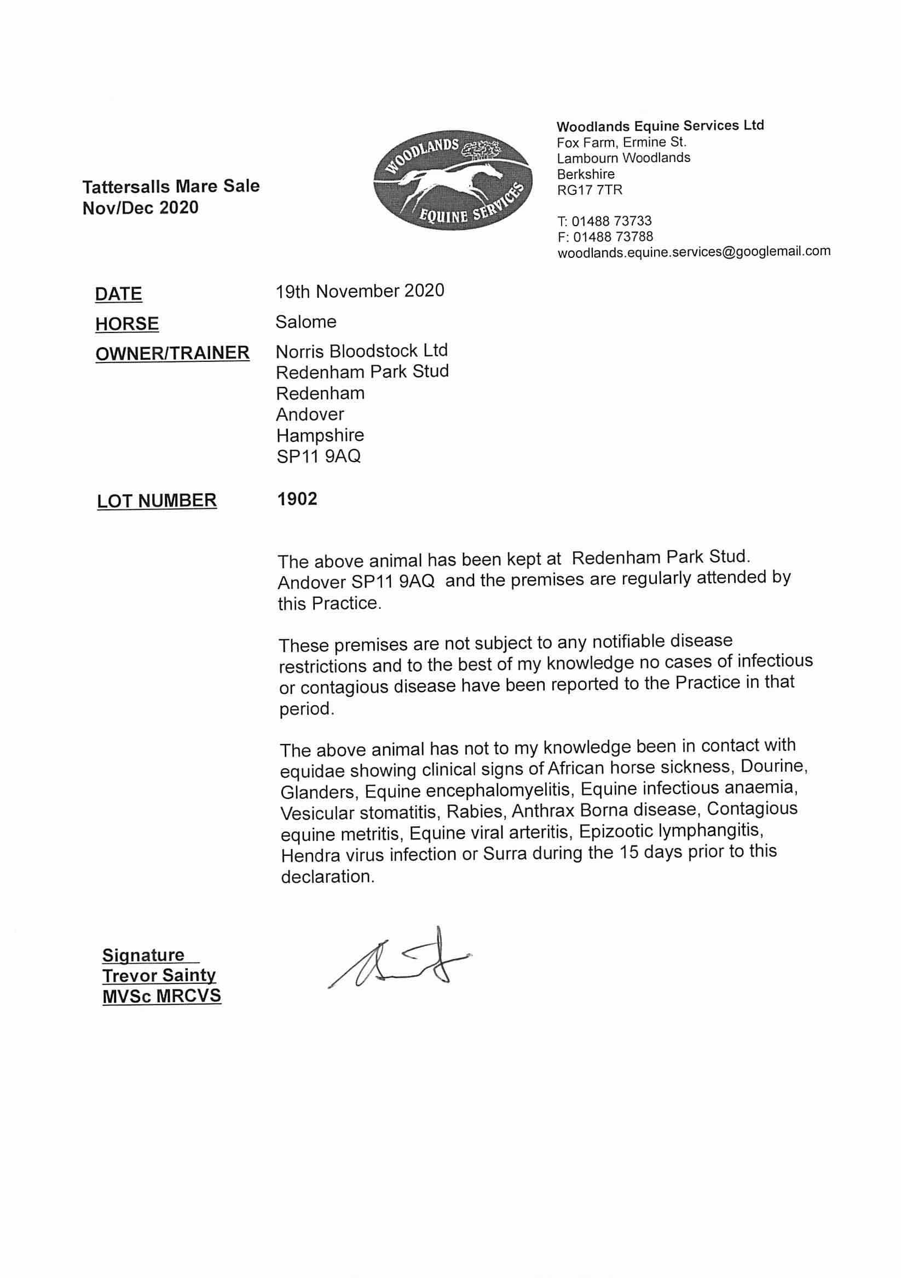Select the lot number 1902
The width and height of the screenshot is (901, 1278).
[x=297, y=499]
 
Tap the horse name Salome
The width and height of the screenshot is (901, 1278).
[x=306, y=322]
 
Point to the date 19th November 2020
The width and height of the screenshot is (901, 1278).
[x=360, y=291]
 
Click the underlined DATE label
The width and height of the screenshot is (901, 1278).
[x=119, y=294]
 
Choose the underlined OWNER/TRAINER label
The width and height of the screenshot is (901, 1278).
[x=172, y=353]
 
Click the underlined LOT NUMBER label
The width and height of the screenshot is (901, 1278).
[x=157, y=501]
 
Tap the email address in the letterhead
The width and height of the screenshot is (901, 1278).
[x=694, y=251]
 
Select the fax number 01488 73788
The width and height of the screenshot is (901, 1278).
[x=613, y=237]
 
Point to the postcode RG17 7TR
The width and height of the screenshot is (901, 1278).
[x=590, y=190]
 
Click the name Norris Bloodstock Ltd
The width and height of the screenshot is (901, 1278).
[x=362, y=350]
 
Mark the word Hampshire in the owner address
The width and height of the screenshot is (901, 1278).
[x=320, y=435]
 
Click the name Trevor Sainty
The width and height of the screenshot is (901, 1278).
[x=159, y=975]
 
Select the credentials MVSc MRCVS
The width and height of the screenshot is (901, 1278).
[x=161, y=996]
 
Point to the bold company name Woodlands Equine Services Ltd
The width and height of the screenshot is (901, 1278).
[x=660, y=126]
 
